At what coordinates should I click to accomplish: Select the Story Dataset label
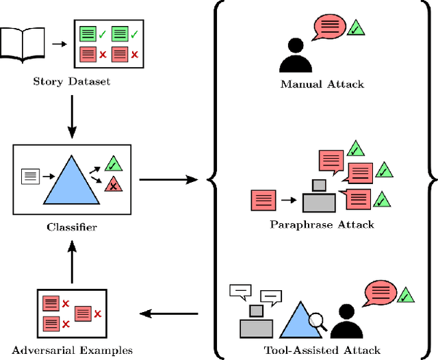click(x=72, y=82)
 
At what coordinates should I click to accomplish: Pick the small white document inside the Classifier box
click(x=31, y=176)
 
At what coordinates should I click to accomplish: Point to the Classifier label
click(x=72, y=227)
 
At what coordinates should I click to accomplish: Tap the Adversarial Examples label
click(x=72, y=350)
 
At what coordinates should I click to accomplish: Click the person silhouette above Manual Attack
click(x=296, y=56)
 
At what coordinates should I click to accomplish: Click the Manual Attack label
click(x=322, y=85)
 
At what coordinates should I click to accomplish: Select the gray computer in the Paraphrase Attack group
click(x=319, y=198)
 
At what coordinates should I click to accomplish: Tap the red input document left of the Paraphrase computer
click(x=263, y=200)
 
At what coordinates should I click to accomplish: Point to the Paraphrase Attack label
click(x=322, y=224)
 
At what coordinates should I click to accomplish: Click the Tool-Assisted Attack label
click(x=322, y=350)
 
